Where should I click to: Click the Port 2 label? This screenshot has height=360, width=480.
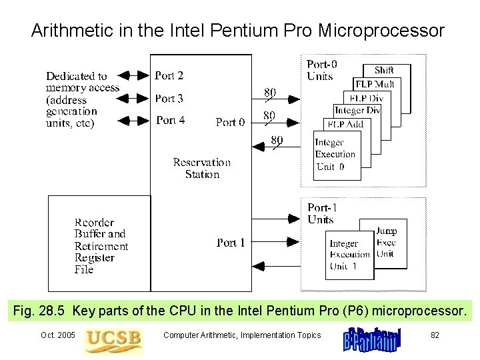(169, 76)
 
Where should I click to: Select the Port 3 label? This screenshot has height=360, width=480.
(169, 99)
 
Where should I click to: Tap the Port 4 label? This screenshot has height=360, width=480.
(170, 121)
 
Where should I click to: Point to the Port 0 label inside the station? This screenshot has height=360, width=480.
(230, 123)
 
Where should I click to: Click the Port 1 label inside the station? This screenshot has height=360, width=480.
(231, 243)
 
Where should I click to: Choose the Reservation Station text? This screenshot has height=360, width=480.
(201, 168)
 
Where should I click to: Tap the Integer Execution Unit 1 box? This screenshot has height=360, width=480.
(349, 255)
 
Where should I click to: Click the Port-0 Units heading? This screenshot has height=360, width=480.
(321, 70)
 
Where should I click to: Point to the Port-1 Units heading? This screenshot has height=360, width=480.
(321, 213)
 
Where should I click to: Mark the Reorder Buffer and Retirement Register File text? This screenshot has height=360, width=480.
(101, 246)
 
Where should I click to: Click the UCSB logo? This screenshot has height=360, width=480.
(113, 338)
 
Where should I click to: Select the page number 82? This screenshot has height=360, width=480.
(435, 335)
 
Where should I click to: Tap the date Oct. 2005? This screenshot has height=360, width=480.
(58, 335)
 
